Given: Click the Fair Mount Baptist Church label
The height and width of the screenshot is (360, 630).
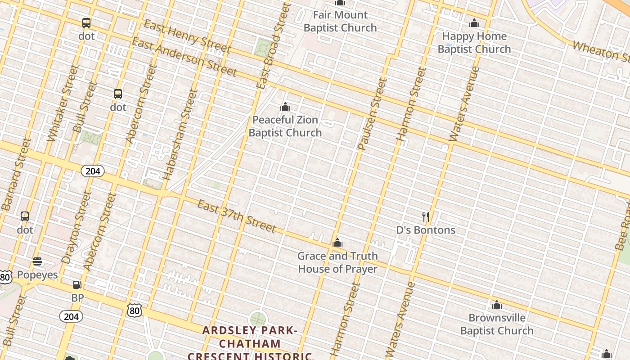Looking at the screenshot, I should click(340, 21).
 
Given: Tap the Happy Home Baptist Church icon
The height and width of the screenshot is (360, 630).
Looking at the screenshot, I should click(474, 23).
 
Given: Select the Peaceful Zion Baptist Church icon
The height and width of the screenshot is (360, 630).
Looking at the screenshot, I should click(285, 107).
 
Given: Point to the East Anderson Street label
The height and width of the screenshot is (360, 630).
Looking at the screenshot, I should click(184, 57).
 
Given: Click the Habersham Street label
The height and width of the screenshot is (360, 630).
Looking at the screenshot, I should click(181, 135).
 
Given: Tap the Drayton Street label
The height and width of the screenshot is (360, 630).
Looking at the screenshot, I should click(73, 227).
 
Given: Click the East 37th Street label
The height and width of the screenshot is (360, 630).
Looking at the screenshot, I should click(236, 216).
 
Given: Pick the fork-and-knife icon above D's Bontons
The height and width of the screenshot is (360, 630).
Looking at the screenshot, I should click(426, 217).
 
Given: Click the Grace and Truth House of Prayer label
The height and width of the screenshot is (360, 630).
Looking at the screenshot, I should click(337, 262).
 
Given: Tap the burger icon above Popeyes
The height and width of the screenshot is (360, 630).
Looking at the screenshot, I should click(37, 261).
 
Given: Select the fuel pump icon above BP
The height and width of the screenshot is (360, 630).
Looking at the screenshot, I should click(77, 284).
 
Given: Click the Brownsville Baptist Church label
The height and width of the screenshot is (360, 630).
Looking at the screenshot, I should click(497, 324).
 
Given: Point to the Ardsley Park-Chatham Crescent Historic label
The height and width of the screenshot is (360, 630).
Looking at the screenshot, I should click(250, 343).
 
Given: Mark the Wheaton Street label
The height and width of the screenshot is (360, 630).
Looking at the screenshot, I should click(601, 51).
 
